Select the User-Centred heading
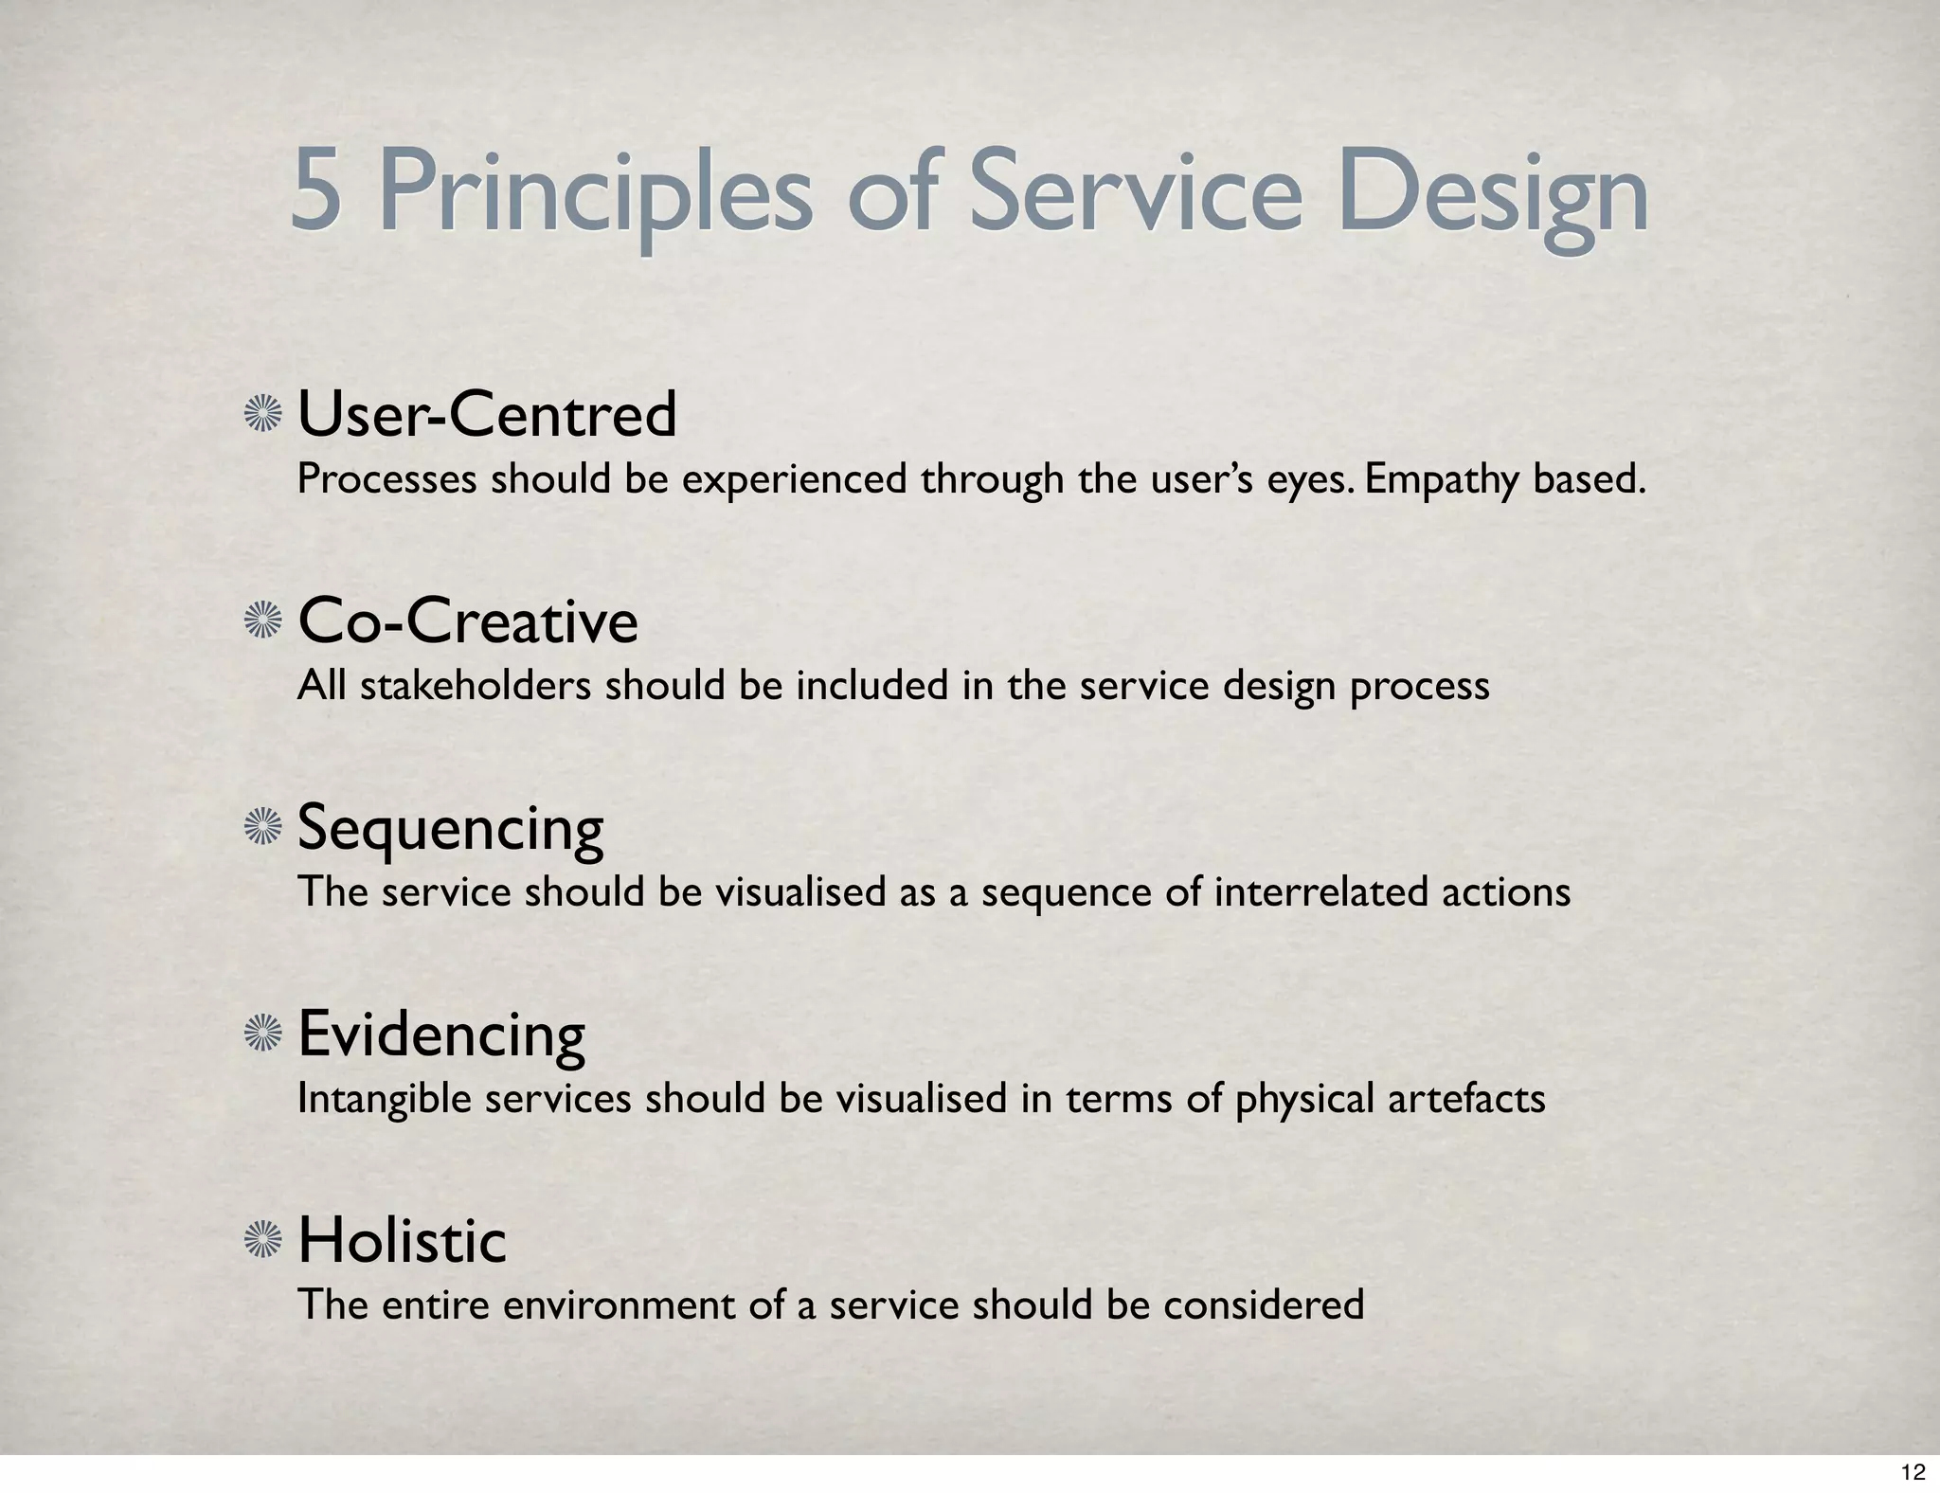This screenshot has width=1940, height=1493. (x=487, y=415)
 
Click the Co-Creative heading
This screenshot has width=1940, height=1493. (x=468, y=621)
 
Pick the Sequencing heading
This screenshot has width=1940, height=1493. (x=450, y=828)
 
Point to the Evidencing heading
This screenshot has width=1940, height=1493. (x=441, y=1034)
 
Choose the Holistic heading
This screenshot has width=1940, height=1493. (x=402, y=1241)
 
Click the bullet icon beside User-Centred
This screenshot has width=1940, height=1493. (x=263, y=415)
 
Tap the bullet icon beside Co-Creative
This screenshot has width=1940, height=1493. (x=263, y=621)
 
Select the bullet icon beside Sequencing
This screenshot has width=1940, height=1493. (x=263, y=828)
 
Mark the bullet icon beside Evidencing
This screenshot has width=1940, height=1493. (x=263, y=1034)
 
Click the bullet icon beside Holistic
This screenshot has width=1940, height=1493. (x=263, y=1241)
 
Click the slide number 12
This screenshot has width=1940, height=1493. (x=1913, y=1471)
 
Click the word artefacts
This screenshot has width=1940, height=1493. (x=1466, y=1099)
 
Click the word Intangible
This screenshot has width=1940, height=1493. (x=384, y=1099)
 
